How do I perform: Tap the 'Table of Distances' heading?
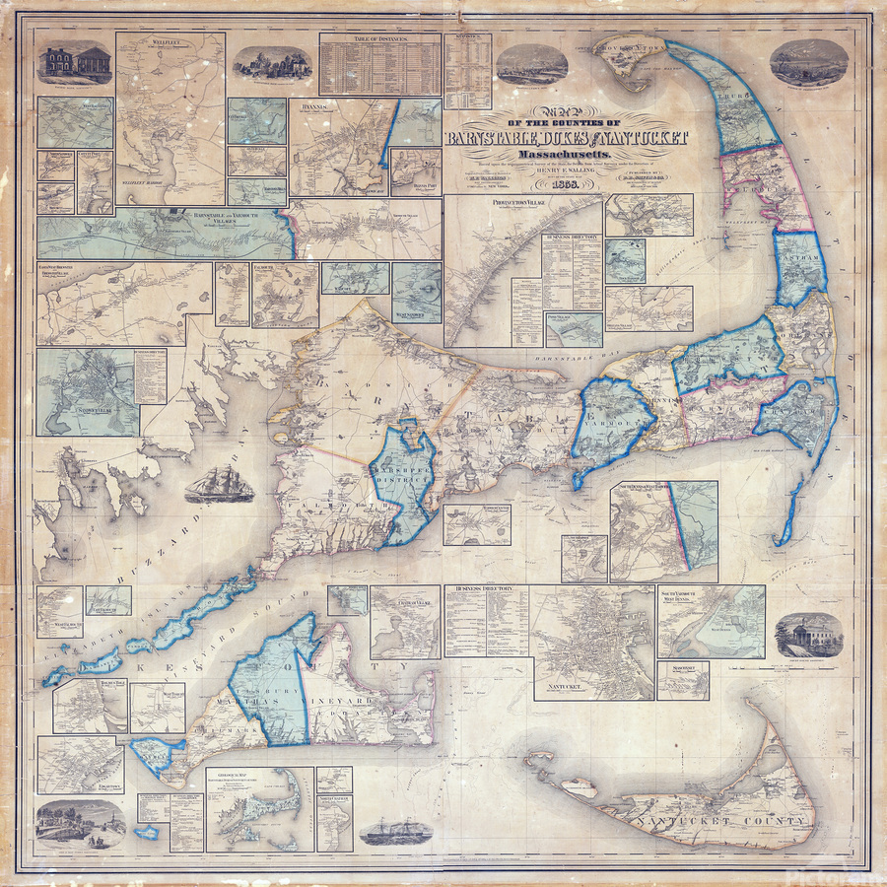click(378, 39)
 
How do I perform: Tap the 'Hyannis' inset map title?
click(312, 102)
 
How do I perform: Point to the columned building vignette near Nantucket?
click(801, 633)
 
